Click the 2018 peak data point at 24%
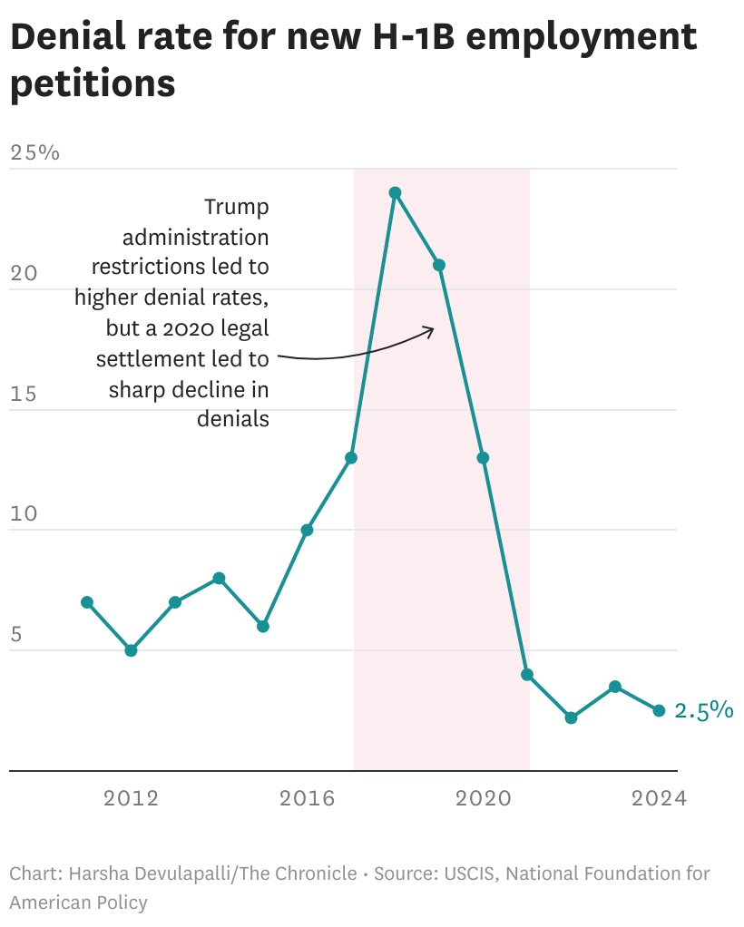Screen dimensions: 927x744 395,192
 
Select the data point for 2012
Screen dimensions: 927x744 131,650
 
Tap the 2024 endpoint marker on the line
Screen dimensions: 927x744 659,710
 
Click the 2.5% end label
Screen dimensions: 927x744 703,710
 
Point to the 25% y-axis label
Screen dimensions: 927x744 34,152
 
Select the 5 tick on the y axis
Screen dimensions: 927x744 16,634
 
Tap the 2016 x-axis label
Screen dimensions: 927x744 307,798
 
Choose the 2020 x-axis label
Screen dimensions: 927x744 483,798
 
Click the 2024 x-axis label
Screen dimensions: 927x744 659,798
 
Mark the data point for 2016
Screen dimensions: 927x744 307,530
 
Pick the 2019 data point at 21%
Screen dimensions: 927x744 439,265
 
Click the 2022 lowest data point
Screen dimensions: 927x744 571,717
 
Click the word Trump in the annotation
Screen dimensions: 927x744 236,207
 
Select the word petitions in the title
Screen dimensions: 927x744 93,83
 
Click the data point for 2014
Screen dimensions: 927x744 219,578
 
